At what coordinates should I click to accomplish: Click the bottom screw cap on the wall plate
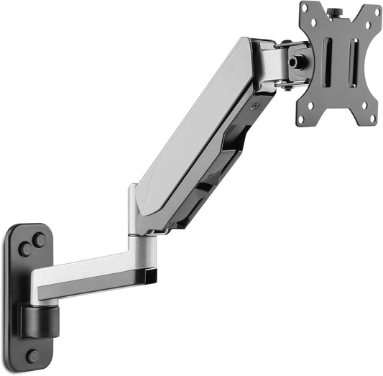coord(33,355)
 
